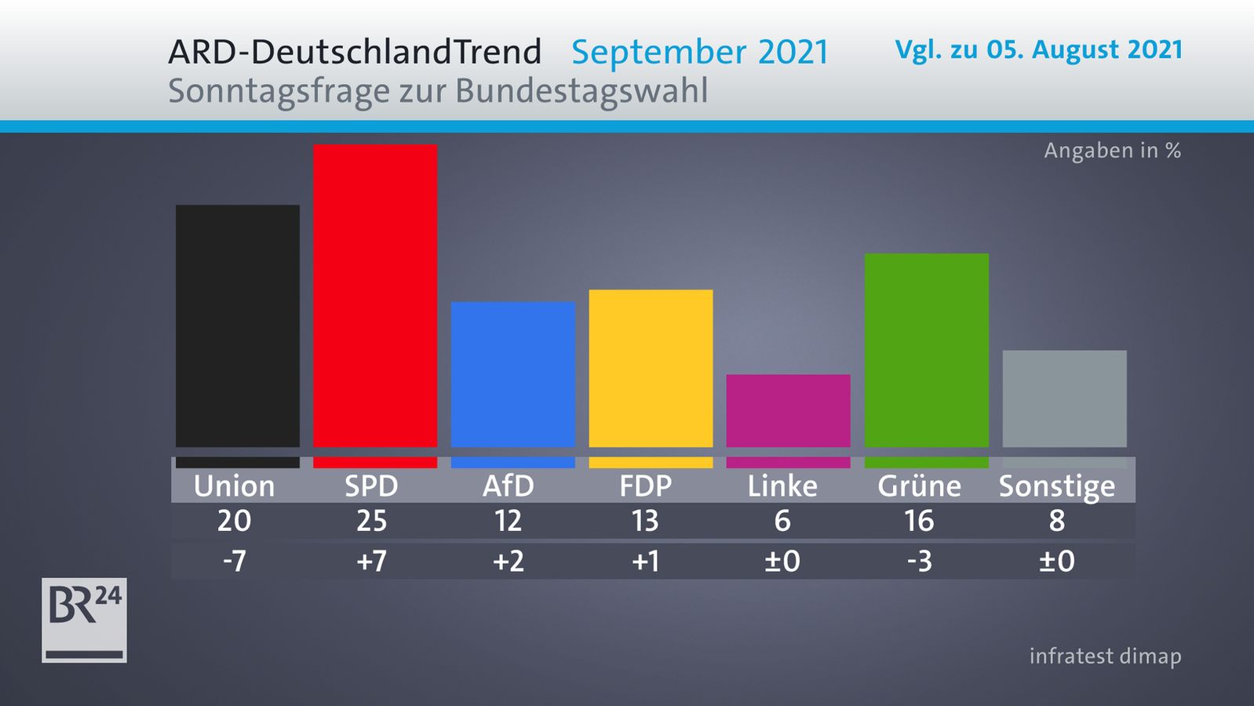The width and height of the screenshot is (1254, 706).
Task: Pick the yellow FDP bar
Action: (x=651, y=368)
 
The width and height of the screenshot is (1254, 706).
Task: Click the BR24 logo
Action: (x=84, y=620)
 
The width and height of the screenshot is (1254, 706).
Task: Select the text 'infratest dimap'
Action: (x=1105, y=656)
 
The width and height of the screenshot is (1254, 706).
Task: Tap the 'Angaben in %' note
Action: (x=1112, y=151)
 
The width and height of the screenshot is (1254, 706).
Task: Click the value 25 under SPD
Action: (x=372, y=521)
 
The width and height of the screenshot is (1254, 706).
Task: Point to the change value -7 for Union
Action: (x=234, y=562)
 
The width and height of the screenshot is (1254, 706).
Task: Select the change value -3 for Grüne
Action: (x=919, y=562)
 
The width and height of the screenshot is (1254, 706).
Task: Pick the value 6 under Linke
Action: (x=782, y=521)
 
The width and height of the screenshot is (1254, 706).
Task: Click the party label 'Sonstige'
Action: (x=1056, y=486)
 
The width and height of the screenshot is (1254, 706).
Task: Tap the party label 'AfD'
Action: (x=509, y=486)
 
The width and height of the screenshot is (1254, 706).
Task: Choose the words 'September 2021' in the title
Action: (x=700, y=53)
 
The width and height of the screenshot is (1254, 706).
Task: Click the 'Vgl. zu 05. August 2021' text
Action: (x=1038, y=50)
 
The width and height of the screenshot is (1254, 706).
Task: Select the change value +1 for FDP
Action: (x=645, y=562)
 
